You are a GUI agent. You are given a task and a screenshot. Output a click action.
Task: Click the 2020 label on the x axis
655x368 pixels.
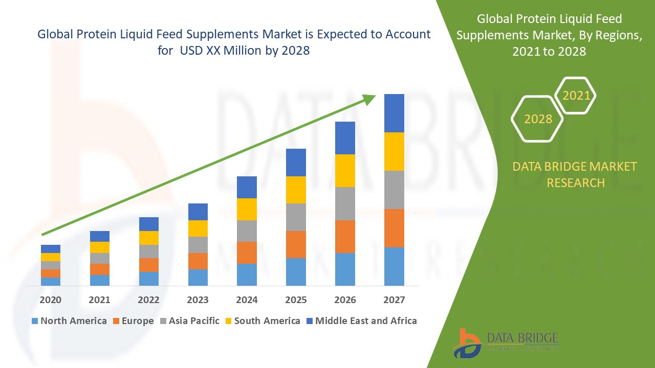tap(50, 300)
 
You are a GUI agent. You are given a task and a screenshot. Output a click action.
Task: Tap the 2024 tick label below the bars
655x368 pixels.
tap(247, 300)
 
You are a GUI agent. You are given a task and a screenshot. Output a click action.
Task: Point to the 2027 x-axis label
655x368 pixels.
tap(394, 300)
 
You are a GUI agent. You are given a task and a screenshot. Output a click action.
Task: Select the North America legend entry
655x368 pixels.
tap(69, 321)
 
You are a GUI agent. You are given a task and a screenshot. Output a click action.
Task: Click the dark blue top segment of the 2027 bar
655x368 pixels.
tap(394, 113)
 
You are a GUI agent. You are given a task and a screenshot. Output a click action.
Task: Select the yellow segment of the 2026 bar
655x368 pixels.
tap(345, 170)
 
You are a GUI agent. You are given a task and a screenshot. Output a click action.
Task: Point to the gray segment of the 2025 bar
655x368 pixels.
tap(296, 217)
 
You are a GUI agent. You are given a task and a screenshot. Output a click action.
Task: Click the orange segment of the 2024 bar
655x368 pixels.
tap(247, 252)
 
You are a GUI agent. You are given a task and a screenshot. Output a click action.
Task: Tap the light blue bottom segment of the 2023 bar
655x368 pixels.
tap(198, 277)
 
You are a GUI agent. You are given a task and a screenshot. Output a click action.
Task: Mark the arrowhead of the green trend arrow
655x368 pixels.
tap(369, 99)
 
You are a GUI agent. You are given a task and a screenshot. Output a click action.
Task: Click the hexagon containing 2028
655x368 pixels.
tap(537, 119)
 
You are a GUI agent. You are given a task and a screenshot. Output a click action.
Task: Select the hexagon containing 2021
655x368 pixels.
tap(576, 96)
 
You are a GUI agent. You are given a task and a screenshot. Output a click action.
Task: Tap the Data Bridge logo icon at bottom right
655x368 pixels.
tap(467, 342)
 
